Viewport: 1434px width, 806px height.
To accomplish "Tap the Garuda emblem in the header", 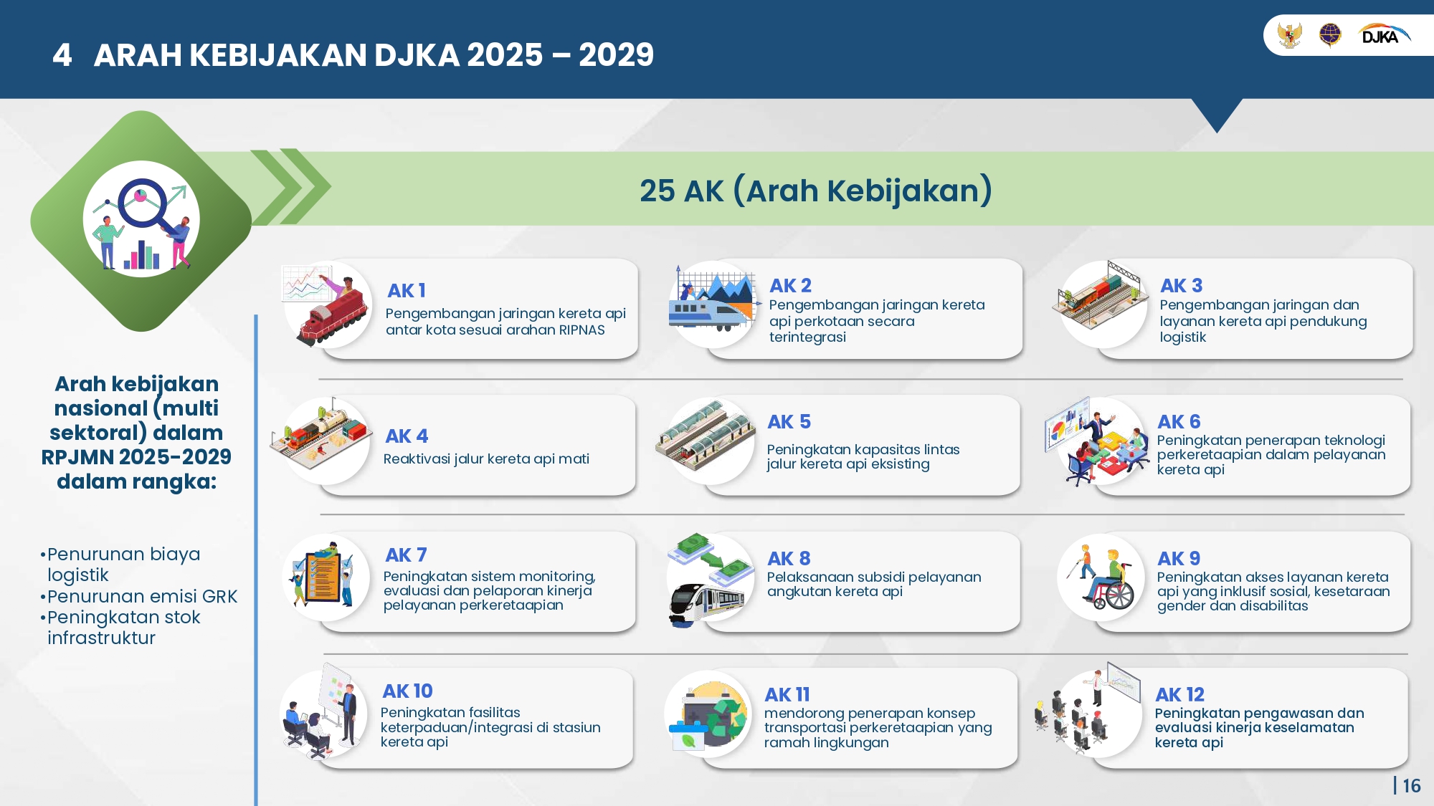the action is (x=1289, y=34).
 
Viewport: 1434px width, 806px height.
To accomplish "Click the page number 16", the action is (x=1412, y=786).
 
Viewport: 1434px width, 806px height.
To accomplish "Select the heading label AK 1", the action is (x=407, y=290).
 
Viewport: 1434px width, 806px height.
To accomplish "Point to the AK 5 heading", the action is (x=789, y=421).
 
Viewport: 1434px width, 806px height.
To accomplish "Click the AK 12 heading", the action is (x=1179, y=694).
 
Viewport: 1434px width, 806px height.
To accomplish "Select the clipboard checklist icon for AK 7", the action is (x=323, y=577).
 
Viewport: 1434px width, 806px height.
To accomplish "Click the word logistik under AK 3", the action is (x=1183, y=337).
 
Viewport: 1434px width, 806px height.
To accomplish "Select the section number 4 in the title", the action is (x=62, y=55).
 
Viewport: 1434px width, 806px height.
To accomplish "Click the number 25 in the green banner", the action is (x=657, y=191).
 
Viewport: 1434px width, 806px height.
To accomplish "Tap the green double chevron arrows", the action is (x=290, y=186).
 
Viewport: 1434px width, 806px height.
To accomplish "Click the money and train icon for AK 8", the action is (x=710, y=580).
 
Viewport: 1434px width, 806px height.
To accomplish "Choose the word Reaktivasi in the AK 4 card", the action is (x=416, y=459).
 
